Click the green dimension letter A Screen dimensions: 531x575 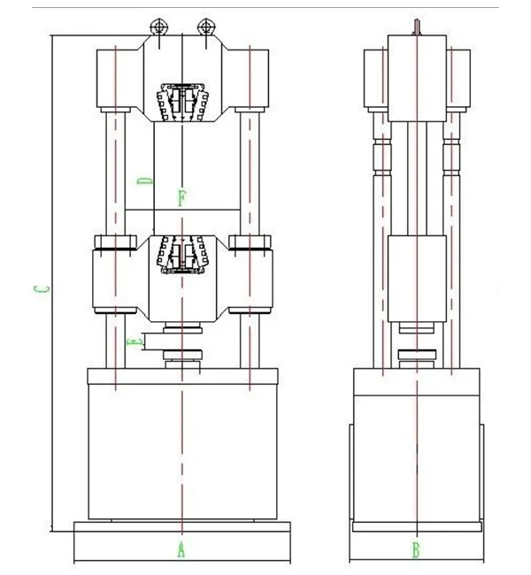pyautogui.click(x=181, y=549)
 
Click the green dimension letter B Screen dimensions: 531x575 pyautogui.click(x=416, y=550)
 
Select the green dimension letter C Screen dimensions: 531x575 pyautogui.click(x=42, y=289)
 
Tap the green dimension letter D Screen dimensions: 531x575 pyautogui.click(x=145, y=180)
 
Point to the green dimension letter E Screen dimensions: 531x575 pyautogui.click(x=135, y=342)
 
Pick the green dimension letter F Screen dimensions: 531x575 pyautogui.click(x=182, y=198)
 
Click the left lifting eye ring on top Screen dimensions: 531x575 pyautogui.click(x=159, y=27)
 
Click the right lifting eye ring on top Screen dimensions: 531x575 pyautogui.click(x=206, y=27)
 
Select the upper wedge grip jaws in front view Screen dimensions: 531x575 pyautogui.click(x=182, y=102)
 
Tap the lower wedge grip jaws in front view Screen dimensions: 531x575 pyautogui.click(x=182, y=255)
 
